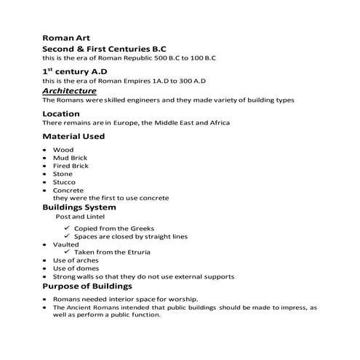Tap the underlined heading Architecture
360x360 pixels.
pyautogui.click(x=69, y=91)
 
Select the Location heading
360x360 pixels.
pyautogui.click(x=61, y=113)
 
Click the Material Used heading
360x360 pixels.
pyautogui.click(x=73, y=136)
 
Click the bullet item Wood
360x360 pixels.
pyautogui.click(x=63, y=150)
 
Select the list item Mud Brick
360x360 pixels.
pyautogui.click(x=69, y=158)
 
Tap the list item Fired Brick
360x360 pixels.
pyautogui.click(x=71, y=166)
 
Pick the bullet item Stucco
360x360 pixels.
pyautogui.click(x=65, y=182)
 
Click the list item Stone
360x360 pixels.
pyautogui.click(x=63, y=174)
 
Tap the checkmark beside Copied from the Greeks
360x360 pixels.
pyautogui.click(x=67, y=228)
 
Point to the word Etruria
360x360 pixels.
pyautogui.click(x=136, y=252)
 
